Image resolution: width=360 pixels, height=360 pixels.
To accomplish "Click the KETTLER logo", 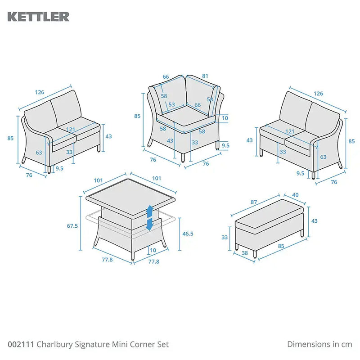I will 38,17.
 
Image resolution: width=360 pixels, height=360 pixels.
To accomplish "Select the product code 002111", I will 20,344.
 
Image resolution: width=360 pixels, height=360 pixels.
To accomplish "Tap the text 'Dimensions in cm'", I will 319,344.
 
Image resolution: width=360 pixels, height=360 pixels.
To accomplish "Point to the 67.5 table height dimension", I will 72,226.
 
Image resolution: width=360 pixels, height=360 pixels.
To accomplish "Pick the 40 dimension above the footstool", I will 295,195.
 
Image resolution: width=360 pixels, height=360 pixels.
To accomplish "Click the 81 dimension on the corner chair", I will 205,76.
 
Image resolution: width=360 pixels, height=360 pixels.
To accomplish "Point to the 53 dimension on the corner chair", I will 171,105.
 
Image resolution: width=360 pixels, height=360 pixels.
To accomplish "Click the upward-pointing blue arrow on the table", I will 150,211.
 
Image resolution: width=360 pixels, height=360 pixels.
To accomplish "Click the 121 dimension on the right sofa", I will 290,131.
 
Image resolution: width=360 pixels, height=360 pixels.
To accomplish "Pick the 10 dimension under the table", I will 153,251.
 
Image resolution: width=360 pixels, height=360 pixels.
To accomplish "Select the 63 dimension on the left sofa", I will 39,153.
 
